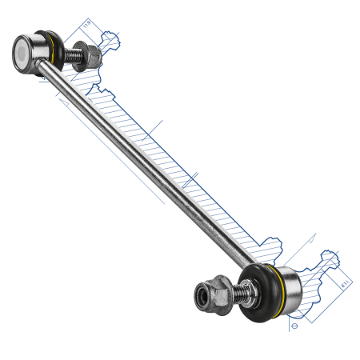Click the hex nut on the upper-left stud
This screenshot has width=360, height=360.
pos(89,56)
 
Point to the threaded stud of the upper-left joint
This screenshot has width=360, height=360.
pos(71,54)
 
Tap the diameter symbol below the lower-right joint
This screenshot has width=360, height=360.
pos(295,326)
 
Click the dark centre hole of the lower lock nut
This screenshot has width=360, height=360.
pos(198,298)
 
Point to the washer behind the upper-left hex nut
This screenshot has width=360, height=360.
pos(80,58)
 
